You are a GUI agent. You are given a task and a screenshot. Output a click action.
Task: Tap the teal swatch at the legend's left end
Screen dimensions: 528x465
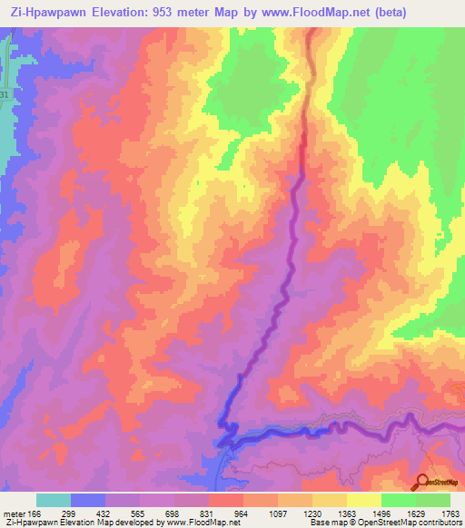(x=54, y=500)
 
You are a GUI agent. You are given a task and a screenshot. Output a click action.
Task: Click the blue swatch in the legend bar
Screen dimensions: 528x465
(x=88, y=500)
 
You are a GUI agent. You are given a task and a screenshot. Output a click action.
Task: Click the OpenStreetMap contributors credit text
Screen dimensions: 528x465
(x=408, y=523)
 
